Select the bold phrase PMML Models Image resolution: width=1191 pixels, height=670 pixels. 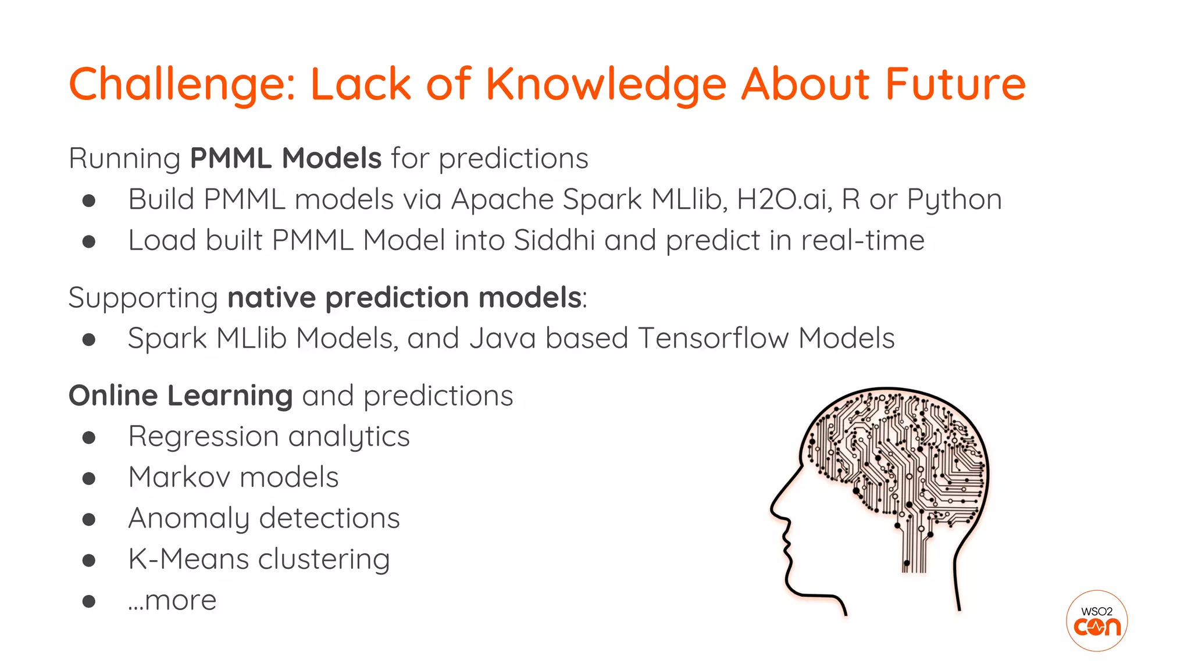pos(286,158)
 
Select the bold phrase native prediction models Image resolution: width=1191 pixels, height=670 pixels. pos(404,298)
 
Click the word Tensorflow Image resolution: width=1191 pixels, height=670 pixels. pos(713,338)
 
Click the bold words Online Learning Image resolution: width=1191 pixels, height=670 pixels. pos(180,396)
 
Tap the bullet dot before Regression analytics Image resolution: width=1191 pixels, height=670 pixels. pos(89,437)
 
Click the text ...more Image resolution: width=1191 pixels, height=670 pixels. pos(172,600)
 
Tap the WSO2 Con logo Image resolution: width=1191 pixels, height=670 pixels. pos(1097,621)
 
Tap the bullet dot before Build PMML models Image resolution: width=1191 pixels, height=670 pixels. pos(89,201)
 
